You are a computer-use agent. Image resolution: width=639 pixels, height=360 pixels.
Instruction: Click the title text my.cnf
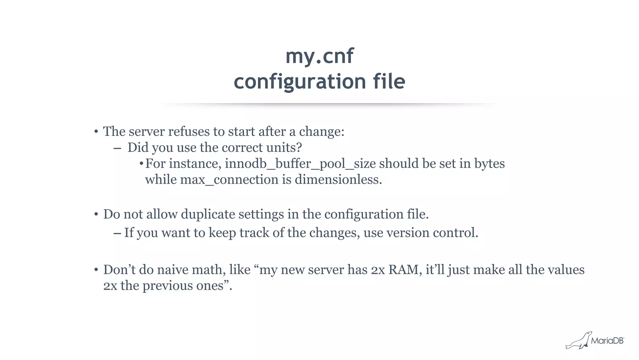319,56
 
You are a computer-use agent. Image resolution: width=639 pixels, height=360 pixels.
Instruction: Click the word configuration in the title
300,82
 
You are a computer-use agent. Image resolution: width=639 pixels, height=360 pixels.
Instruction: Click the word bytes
489,164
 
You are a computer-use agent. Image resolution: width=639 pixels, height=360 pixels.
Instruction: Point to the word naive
173,270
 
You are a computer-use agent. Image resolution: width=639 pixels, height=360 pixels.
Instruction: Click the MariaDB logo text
607,341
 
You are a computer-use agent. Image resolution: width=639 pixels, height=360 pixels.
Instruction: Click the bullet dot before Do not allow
96,215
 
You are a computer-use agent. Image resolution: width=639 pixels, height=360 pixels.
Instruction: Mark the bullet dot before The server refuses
96,132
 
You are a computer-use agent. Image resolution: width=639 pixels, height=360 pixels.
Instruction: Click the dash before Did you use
117,148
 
